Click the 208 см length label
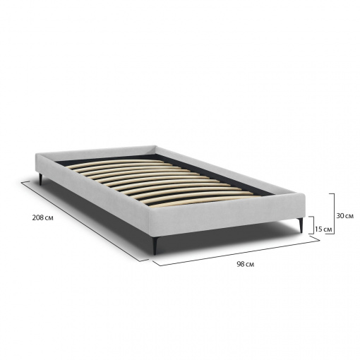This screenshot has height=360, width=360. (42, 218)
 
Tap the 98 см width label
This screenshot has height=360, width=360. (245, 264)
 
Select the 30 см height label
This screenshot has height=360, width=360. (344, 216)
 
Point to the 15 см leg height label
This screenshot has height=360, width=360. (323, 229)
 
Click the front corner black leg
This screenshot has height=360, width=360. (155, 246)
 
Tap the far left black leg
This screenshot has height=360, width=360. (41, 179)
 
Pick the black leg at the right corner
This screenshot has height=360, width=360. (300, 225)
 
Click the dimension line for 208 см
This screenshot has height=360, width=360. (85, 222)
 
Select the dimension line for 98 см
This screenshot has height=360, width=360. (236, 251)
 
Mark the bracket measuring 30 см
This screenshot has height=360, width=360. (334, 215)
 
